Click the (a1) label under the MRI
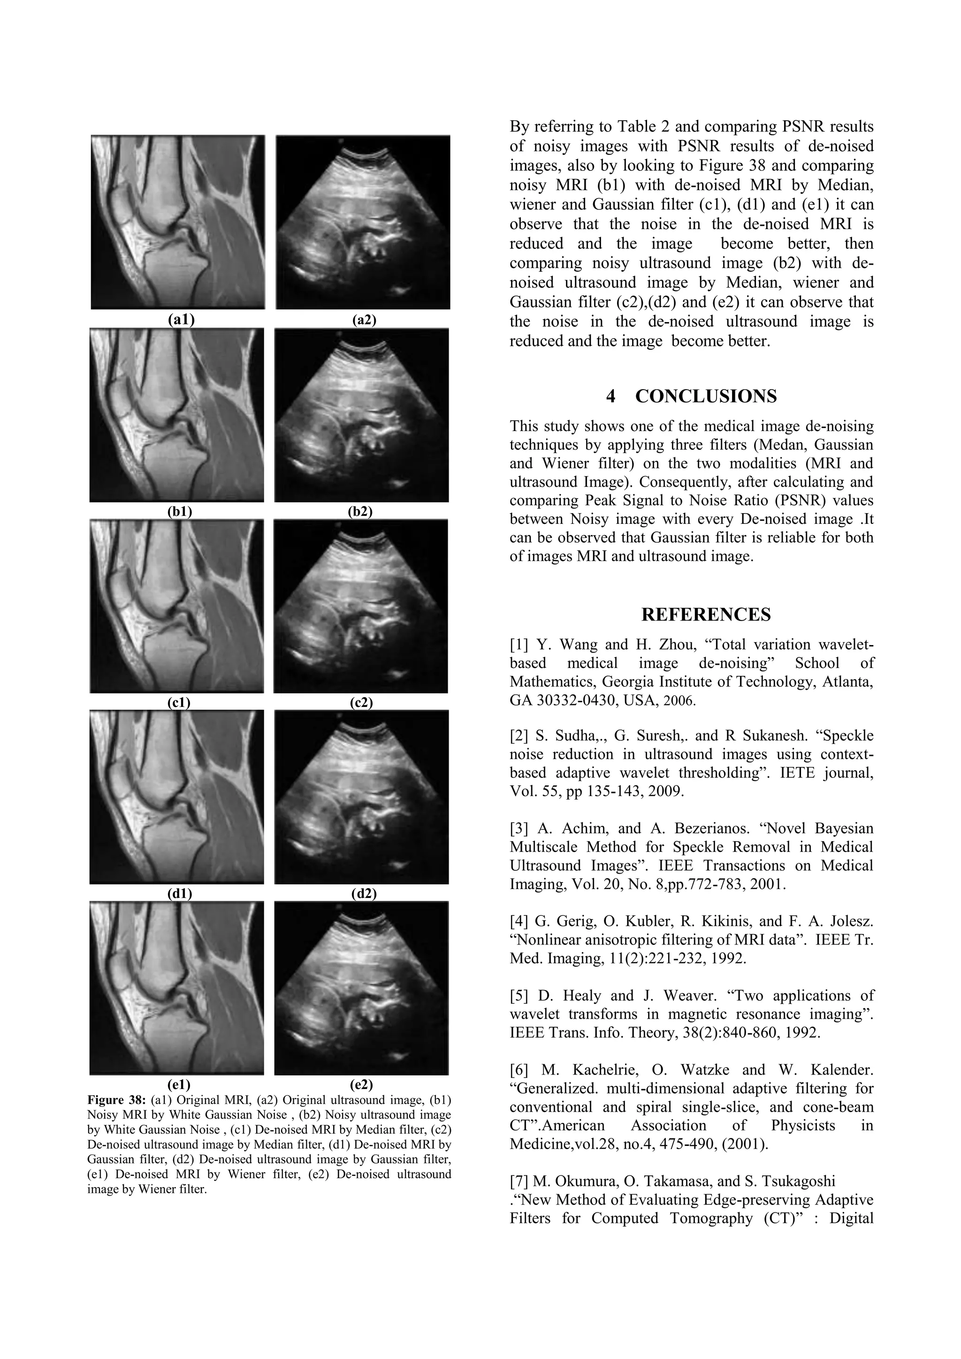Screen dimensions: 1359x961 click(181, 320)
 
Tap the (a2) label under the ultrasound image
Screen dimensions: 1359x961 click(364, 320)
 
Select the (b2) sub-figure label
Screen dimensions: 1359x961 click(360, 511)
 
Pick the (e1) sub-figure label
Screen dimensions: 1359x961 click(179, 1084)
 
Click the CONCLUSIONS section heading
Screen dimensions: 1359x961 click(705, 396)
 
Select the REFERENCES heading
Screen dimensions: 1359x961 click(705, 615)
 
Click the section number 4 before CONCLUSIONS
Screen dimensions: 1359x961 click(610, 396)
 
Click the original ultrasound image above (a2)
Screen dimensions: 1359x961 click(363, 222)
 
